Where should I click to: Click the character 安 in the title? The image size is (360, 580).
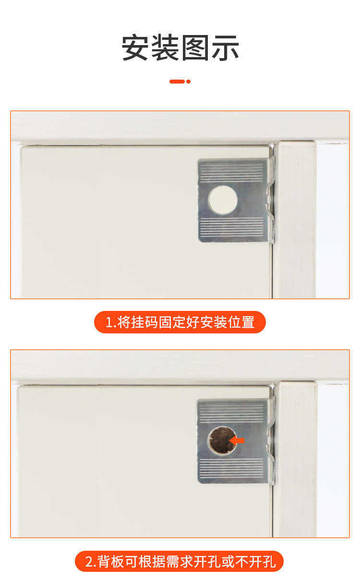coord(136,47)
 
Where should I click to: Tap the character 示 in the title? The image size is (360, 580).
coord(225,47)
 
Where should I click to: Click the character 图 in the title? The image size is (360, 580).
coord(195,47)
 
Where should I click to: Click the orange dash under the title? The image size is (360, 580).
coord(177,82)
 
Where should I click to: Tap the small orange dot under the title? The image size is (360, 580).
coord(189,82)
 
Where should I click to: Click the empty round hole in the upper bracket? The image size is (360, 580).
coord(223,200)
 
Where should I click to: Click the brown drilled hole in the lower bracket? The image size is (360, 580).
coord(221,440)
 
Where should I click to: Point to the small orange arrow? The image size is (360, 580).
coord(237,440)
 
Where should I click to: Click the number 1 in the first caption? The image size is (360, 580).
coord(108,322)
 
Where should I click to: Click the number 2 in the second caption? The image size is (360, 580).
coord(89,561)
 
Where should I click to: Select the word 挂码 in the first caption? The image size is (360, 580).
coord(144,322)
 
